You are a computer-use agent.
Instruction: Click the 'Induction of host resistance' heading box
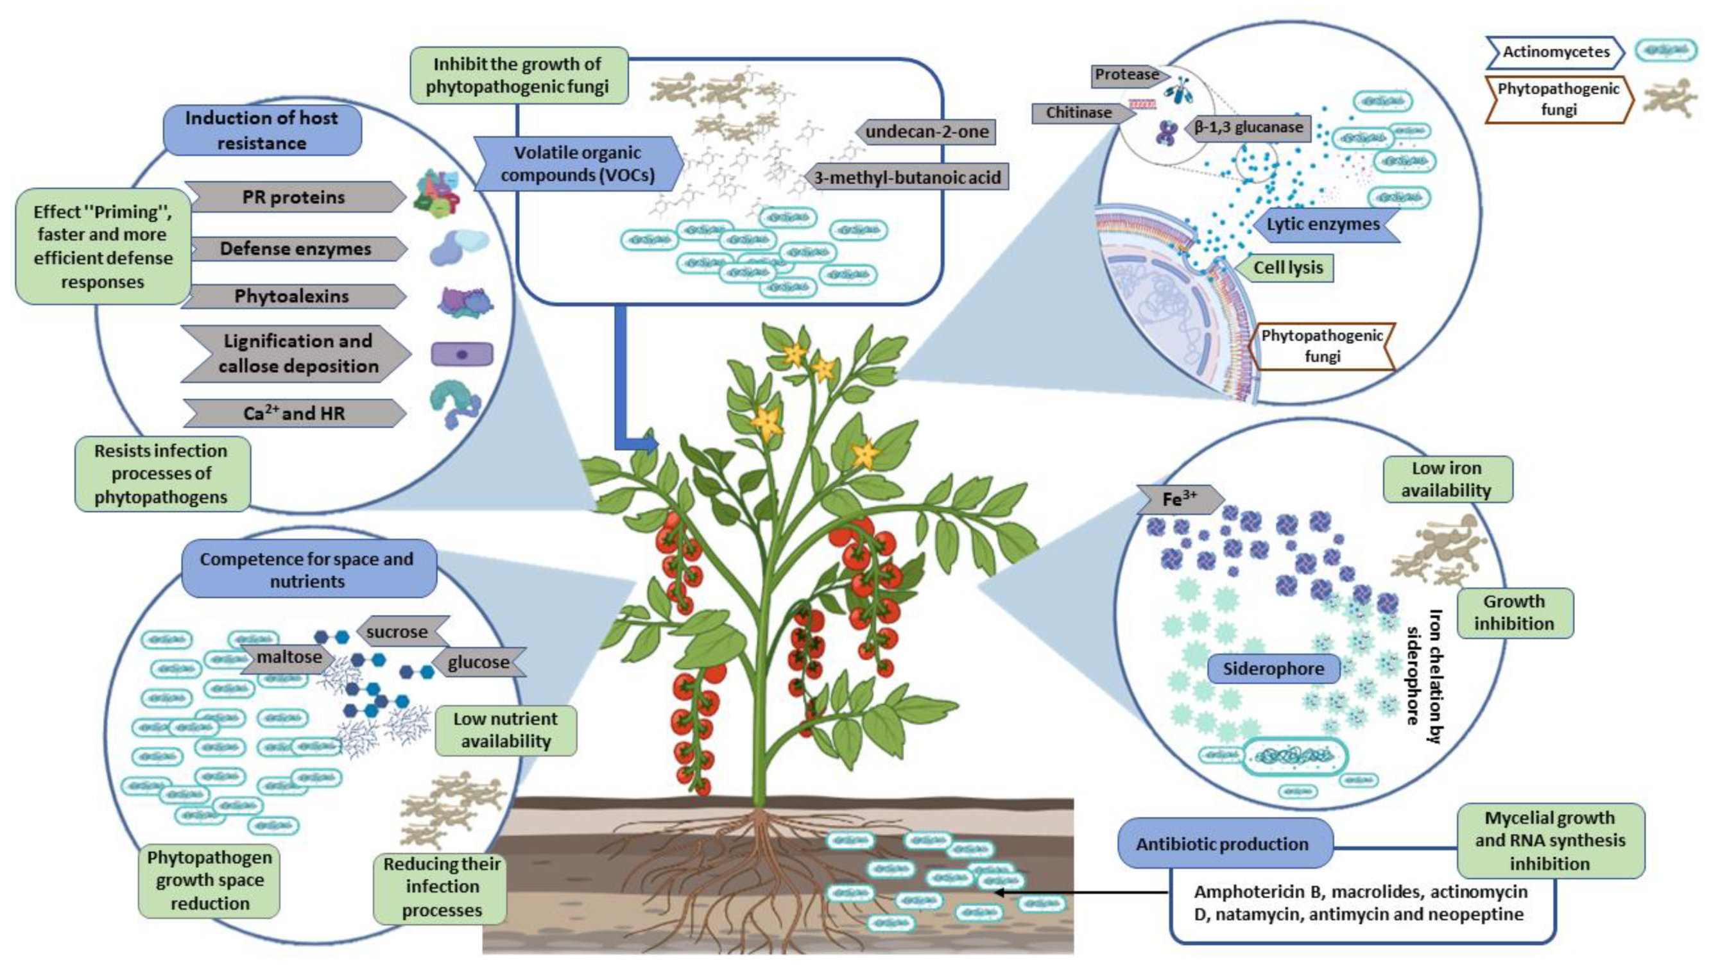point(262,130)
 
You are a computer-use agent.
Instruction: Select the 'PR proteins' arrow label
point(295,197)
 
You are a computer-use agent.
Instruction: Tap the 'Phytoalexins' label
point(293,296)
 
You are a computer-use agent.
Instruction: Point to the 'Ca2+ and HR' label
point(295,413)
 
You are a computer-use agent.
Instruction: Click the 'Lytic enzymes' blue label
point(1323,225)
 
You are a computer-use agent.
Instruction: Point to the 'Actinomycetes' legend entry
point(1555,53)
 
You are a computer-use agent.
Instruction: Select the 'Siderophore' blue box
point(1273,669)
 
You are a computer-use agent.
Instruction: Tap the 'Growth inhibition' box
point(1515,613)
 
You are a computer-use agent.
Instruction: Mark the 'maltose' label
point(286,658)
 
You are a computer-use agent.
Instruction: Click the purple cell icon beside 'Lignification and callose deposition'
point(462,354)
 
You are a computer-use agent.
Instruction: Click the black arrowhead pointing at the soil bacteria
point(998,893)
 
